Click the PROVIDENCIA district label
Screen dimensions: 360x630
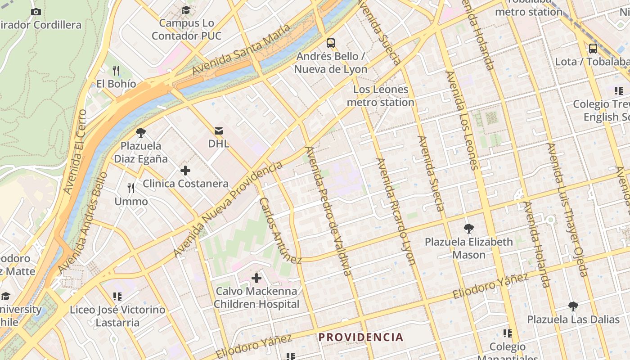(x=361, y=337)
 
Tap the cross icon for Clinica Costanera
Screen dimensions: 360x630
(x=185, y=171)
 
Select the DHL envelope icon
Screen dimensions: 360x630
(x=219, y=131)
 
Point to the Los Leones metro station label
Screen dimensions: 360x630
(x=380, y=96)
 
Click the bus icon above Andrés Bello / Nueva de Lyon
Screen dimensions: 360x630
(x=331, y=43)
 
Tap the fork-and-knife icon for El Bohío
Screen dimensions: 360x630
(x=116, y=70)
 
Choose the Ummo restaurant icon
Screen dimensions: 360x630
(x=131, y=188)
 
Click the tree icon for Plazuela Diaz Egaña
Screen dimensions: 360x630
(x=141, y=132)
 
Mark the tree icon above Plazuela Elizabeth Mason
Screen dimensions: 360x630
(x=468, y=228)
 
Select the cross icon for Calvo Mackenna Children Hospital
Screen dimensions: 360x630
(x=256, y=278)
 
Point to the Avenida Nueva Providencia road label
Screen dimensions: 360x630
(x=228, y=209)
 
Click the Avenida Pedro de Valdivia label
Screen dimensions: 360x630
(x=328, y=211)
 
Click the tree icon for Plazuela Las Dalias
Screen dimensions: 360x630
(x=573, y=306)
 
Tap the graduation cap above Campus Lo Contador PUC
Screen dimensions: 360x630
(x=186, y=10)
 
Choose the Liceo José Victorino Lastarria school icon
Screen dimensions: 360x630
(x=117, y=296)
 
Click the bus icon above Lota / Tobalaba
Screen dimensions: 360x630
(x=593, y=48)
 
